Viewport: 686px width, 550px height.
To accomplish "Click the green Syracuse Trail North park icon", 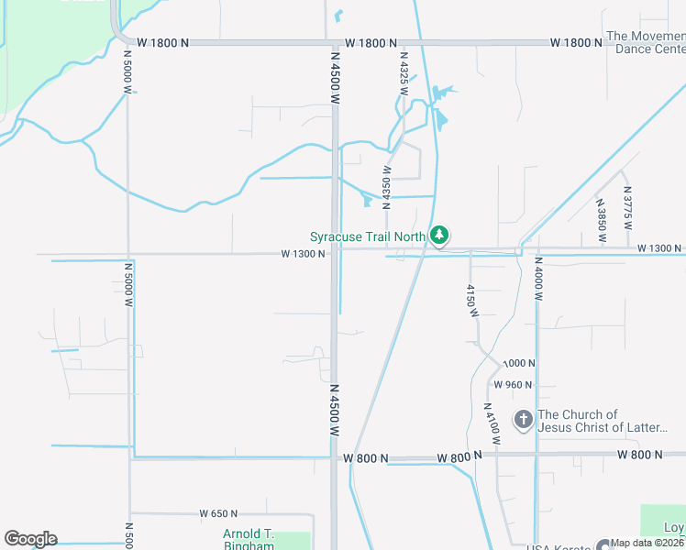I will tap(440, 236).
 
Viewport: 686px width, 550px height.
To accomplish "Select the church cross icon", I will tap(523, 420).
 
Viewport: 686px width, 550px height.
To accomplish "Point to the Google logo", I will tap(30, 539).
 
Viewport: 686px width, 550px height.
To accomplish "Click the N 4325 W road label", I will tap(403, 69).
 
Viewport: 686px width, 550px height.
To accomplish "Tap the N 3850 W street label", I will tap(601, 220).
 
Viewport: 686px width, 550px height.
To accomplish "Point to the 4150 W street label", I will tap(470, 300).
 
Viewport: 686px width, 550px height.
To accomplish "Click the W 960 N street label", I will tap(514, 385).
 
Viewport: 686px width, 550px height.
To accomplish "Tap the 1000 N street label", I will tap(517, 363).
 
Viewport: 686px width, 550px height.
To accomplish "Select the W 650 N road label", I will tap(218, 514).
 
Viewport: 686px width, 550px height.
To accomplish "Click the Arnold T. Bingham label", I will tap(249, 540).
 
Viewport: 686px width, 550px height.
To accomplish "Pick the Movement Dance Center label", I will tap(646, 43).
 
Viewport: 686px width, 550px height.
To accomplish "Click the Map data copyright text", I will tap(648, 543).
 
